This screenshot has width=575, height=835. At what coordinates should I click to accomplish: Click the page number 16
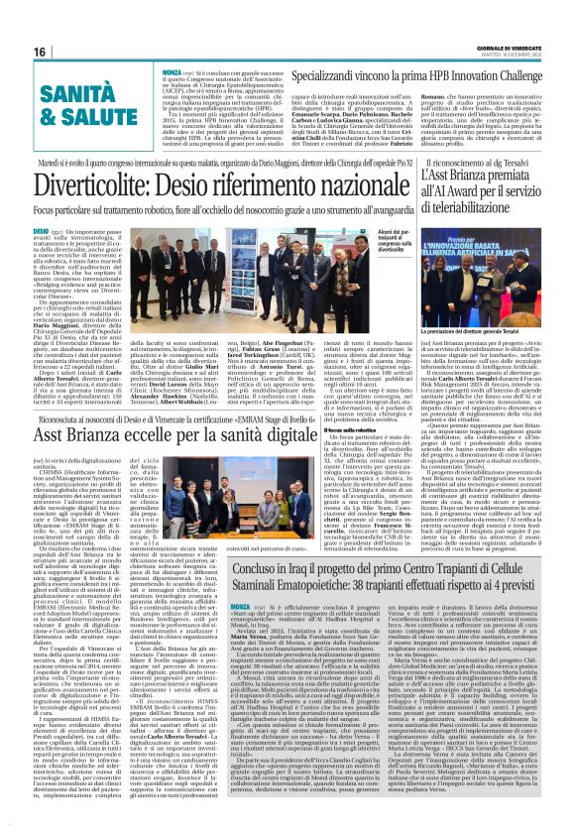(x=41, y=52)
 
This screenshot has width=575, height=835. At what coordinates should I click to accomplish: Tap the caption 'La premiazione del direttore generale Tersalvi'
(x=476, y=355)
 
